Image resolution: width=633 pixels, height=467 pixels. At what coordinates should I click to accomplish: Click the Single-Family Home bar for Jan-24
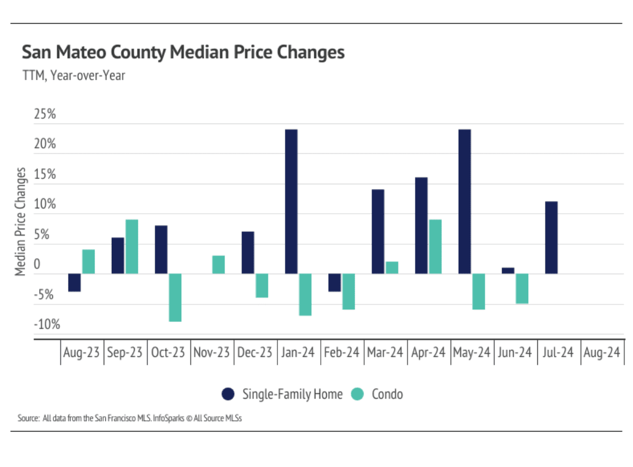(x=291, y=201)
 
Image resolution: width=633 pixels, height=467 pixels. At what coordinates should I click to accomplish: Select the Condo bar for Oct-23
(x=175, y=298)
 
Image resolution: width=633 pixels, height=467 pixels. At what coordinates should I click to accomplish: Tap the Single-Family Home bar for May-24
(x=465, y=201)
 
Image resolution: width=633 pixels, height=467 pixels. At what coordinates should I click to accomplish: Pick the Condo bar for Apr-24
(x=435, y=247)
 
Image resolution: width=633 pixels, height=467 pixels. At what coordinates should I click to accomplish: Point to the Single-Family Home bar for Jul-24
(x=551, y=238)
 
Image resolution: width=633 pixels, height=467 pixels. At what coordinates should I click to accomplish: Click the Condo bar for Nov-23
(x=218, y=265)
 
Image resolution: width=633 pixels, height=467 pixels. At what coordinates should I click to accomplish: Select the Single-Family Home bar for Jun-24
(x=508, y=271)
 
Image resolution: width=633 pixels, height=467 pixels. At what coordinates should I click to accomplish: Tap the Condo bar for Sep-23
(x=132, y=247)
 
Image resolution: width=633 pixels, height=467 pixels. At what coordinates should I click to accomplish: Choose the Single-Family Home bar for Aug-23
(x=74, y=283)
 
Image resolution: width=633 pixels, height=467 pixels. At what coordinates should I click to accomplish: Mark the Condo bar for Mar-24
(x=392, y=268)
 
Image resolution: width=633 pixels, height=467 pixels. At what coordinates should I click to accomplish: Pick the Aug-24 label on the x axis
(x=602, y=353)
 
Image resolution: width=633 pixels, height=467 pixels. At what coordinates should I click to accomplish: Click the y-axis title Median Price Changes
(x=20, y=222)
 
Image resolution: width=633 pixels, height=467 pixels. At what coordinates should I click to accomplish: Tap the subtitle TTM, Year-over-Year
(x=73, y=76)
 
